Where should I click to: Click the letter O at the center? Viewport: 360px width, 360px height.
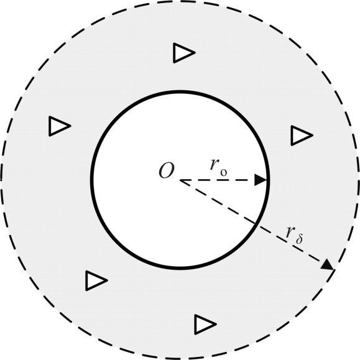coord(167,170)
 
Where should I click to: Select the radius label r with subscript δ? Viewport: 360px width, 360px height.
coord(294,234)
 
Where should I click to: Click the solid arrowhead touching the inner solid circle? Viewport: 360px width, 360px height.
coord(261,180)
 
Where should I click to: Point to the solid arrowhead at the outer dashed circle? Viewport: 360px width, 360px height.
coord(327,264)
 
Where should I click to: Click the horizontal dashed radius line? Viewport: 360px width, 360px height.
coord(223,180)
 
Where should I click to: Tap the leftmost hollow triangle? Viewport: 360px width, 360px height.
coord(60,126)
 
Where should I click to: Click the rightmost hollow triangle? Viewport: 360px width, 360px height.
coord(302,135)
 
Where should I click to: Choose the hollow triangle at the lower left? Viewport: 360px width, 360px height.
coord(96,280)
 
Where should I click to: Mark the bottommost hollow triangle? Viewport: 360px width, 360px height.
coord(205,325)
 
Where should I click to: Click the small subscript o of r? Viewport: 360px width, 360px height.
coord(224,172)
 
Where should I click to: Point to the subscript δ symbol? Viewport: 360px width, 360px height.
coord(299,239)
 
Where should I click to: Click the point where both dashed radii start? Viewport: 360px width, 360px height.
coord(180,180)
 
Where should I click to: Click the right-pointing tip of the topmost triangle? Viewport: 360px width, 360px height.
coord(195,53)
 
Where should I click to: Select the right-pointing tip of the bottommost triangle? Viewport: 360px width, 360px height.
coord(216,324)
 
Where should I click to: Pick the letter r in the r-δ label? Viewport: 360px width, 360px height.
coord(290,233)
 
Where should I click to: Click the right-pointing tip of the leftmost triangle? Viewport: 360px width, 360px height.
coord(71,126)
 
